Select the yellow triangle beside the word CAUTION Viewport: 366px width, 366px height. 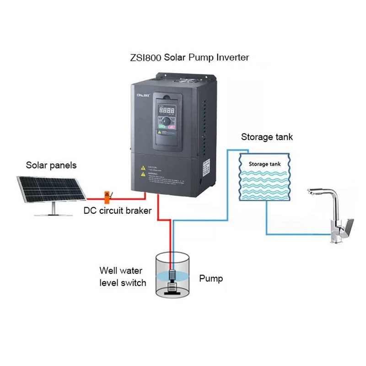(x=143, y=167)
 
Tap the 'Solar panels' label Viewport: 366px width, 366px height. (x=51, y=165)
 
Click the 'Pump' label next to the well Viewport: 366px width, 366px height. (x=211, y=278)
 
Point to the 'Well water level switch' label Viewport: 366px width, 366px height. (x=123, y=276)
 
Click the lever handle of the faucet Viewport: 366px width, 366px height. (x=348, y=225)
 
